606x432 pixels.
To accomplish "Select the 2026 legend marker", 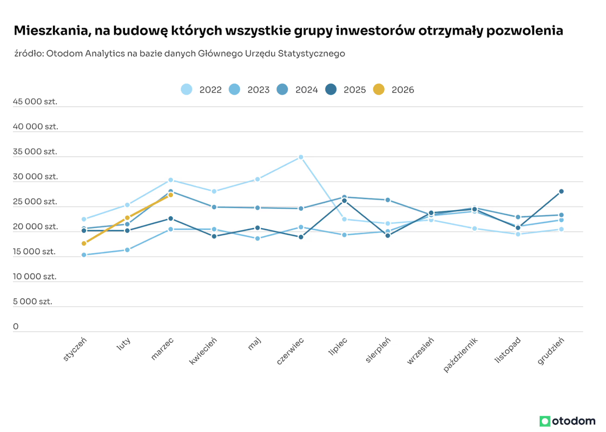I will tap(379, 90).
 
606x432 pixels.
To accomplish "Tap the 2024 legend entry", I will tap(298, 90).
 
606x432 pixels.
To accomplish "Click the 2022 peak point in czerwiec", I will tap(301, 157).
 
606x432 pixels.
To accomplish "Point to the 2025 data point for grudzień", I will tap(561, 191).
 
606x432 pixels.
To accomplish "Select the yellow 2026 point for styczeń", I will tap(84, 243).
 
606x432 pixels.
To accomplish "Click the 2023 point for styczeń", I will tap(84, 255).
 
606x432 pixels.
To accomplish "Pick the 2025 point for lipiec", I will tap(344, 201).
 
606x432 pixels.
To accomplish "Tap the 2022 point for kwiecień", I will tap(214, 191).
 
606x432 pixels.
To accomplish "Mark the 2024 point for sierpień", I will tap(387, 200).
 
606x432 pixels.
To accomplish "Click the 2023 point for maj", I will tap(258, 238).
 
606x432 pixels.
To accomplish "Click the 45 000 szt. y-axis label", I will tap(35, 102).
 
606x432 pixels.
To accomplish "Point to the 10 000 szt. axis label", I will tap(35, 276).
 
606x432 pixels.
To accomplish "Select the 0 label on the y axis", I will tap(16, 327).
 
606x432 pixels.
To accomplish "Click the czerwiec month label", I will tap(291, 351).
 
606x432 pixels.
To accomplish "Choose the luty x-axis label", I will tap(124, 344).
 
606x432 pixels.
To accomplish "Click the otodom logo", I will tap(567, 421).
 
